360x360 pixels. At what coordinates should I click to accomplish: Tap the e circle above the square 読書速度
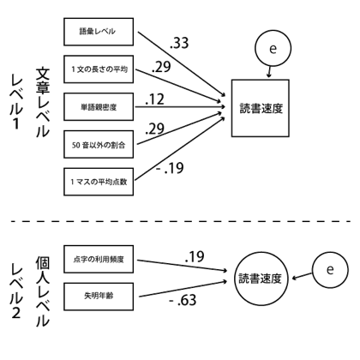pos(273,51)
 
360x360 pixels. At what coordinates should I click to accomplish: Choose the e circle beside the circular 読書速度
pos(328,271)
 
